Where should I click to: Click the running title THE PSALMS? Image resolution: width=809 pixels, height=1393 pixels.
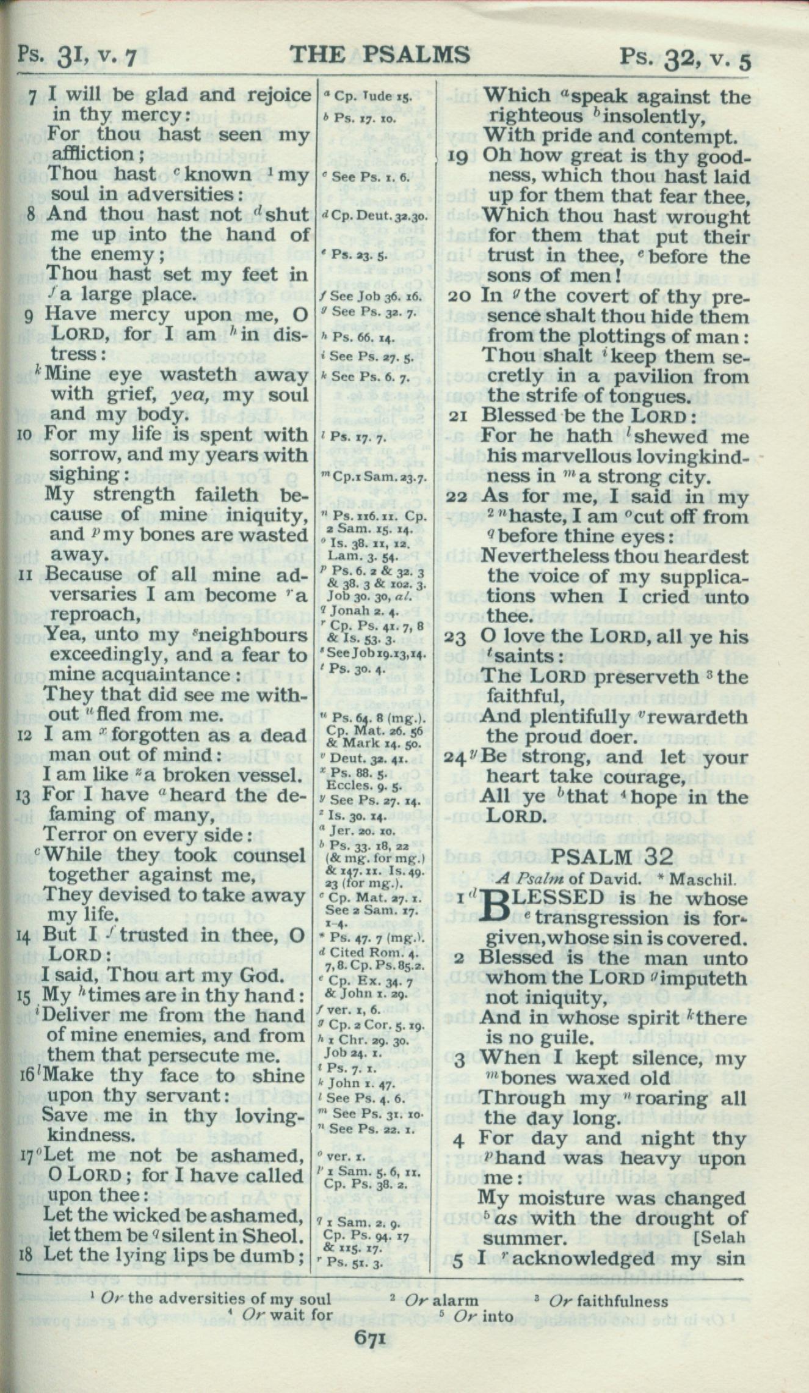click(x=379, y=55)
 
